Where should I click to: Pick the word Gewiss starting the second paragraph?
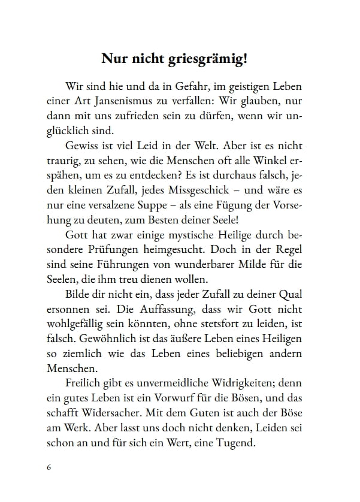[80, 147]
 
